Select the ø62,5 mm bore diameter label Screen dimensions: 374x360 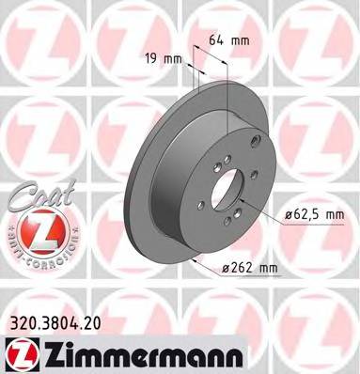click(316, 215)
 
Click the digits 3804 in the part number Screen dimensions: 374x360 click(54, 322)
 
